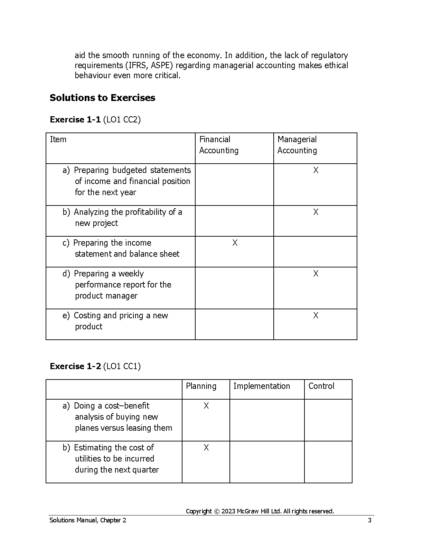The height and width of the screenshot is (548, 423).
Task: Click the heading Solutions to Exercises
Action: coord(102,98)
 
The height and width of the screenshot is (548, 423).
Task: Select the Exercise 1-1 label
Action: coord(75,120)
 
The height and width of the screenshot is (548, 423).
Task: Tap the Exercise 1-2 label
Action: coord(75,366)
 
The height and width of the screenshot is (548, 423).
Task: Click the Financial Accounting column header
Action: coord(219,145)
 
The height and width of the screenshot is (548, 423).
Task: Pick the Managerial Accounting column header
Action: coord(297,145)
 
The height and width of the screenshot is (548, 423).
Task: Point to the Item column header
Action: coord(58,139)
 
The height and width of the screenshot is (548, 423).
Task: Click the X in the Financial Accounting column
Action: coord(235,243)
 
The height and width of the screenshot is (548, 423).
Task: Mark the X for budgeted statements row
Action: coord(316,170)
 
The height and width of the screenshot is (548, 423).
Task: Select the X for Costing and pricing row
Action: coord(316,316)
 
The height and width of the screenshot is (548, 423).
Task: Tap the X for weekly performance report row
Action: coord(316,274)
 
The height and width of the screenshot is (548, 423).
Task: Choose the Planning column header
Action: coord(201,386)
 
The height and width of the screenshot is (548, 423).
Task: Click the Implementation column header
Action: coord(262,386)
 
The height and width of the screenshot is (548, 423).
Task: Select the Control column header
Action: coord(321,386)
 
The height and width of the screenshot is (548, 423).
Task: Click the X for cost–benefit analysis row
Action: coord(206,406)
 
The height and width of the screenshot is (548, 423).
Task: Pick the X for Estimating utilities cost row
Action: coord(206,448)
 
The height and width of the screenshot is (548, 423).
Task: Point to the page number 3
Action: coord(369,520)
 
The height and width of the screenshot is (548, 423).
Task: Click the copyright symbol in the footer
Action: coord(217,511)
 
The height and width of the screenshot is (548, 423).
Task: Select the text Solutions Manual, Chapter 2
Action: coord(88,520)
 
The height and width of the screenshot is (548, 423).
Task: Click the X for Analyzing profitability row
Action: coord(316,212)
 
